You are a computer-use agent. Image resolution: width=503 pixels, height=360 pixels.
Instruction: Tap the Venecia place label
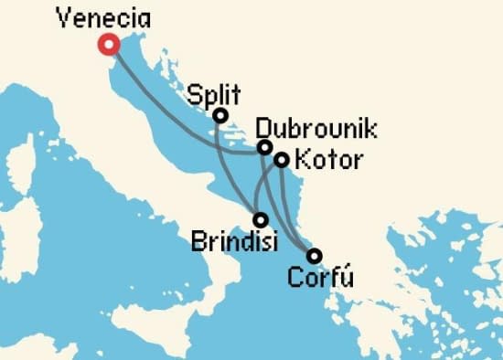pos(102,17)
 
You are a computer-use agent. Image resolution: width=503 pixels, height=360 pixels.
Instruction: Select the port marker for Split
pos(219,115)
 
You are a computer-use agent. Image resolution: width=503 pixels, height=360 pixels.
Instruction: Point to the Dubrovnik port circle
pos(264,147)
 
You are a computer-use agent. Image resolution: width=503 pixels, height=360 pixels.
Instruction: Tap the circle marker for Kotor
pos(282,160)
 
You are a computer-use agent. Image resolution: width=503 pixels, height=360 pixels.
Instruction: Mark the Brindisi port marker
pos(261,219)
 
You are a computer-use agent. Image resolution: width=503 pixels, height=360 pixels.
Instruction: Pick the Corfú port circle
pos(314,256)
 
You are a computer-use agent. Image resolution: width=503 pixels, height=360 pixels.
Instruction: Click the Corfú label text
pos(319,277)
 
